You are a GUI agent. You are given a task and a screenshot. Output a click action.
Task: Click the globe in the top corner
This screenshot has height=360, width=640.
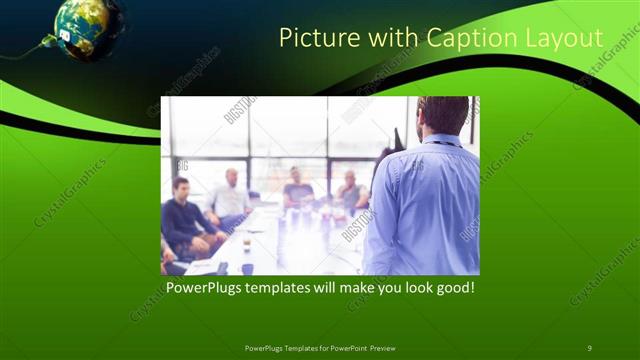tap(88, 29)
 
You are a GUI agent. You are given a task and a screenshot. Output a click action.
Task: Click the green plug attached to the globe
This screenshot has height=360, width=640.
tap(47, 42)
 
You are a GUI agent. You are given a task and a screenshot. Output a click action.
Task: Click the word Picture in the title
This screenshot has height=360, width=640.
tap(313, 38)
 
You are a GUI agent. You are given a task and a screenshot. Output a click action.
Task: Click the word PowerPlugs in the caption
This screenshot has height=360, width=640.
tap(206, 288)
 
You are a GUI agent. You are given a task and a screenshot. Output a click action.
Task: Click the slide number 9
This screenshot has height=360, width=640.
tap(589, 347)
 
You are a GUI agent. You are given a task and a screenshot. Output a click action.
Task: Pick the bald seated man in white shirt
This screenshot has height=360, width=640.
tap(229, 196)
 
